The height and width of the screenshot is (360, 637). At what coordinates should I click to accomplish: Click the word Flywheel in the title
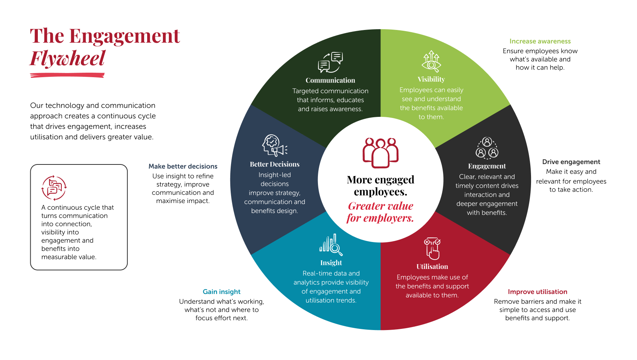pos(67,59)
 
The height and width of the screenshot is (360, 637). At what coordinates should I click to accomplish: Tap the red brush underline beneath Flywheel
pos(67,75)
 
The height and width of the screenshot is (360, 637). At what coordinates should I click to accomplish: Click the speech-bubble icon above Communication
pos(330,62)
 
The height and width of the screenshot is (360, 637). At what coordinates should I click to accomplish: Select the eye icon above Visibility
pos(431,61)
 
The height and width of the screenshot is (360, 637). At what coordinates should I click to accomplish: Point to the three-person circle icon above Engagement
pos(487,148)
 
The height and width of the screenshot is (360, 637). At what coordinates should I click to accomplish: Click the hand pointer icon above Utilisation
pos(432,249)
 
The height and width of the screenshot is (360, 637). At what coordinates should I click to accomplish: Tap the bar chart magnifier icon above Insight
pos(331,245)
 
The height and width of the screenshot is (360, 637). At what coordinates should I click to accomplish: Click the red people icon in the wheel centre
pos(380,153)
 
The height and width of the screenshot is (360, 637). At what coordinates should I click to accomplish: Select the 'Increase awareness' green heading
pos(540,41)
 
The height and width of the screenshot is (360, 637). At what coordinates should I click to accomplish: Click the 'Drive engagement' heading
pos(571,162)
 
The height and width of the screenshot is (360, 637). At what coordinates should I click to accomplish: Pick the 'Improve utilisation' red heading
pos(537,292)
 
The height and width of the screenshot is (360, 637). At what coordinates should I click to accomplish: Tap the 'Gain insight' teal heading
pos(222,292)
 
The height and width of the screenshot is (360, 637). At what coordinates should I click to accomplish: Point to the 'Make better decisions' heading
pos(183,166)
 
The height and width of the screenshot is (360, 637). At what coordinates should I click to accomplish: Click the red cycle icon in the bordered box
pos(54,188)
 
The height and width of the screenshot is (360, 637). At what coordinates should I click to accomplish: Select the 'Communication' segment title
pos(330,81)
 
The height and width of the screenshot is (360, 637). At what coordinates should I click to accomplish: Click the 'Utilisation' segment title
pos(432,267)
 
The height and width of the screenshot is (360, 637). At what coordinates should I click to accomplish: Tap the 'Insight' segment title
pos(331,263)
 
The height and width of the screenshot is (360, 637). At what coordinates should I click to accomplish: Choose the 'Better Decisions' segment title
pos(275,164)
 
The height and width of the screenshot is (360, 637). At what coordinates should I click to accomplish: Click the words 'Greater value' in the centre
pos(380,206)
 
